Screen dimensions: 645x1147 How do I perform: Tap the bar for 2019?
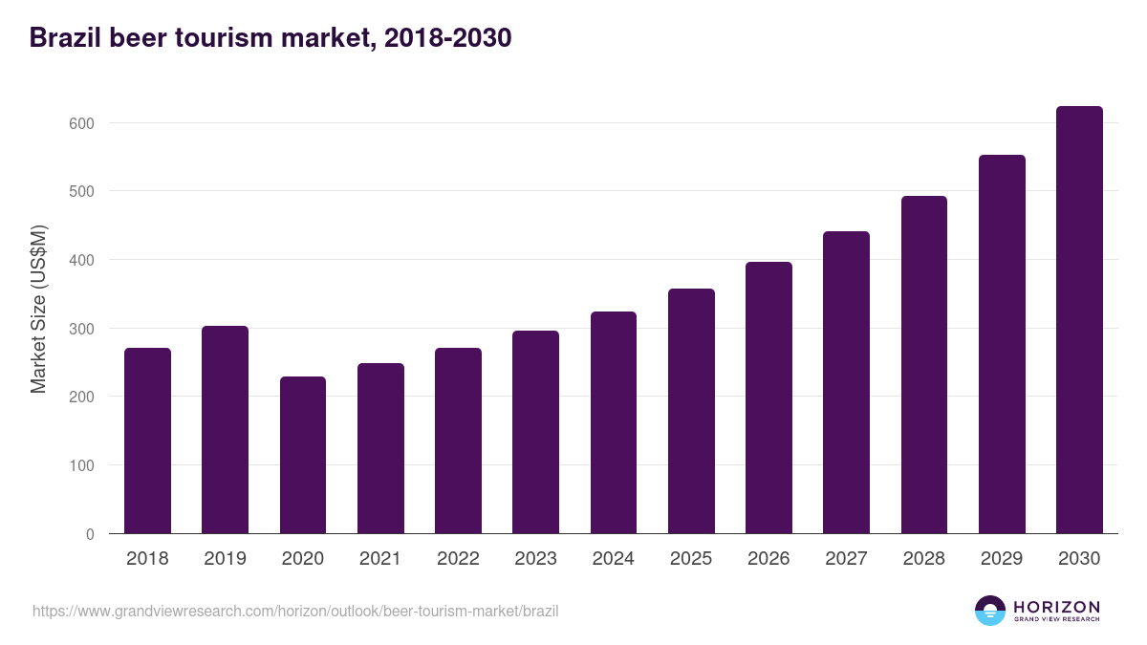(225, 430)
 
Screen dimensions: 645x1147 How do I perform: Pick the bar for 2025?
(691, 411)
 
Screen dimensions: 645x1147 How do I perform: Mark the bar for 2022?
(458, 441)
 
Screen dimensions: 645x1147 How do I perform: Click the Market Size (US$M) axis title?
(39, 308)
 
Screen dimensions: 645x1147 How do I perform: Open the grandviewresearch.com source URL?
(295, 611)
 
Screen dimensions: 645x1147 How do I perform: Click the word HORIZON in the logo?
(1055, 607)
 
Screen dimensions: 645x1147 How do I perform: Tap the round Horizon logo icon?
(990, 611)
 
